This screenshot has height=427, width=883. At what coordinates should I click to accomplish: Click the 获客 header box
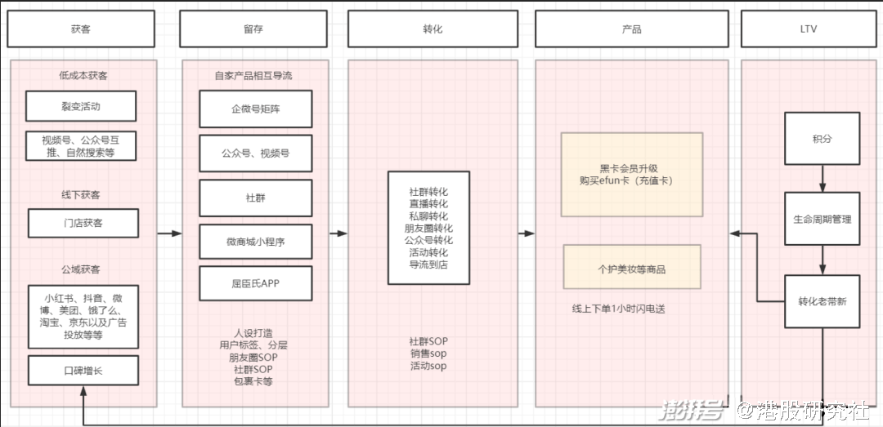(x=81, y=29)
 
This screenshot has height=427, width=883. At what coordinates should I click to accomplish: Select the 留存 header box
(x=253, y=29)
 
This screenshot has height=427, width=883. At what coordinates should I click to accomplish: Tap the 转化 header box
(x=433, y=29)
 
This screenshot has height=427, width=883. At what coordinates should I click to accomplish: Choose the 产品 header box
(x=631, y=29)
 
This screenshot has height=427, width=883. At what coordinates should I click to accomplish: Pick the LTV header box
(x=809, y=29)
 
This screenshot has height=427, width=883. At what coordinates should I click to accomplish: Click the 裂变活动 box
(x=81, y=106)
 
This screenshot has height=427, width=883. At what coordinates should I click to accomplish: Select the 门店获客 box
(x=83, y=223)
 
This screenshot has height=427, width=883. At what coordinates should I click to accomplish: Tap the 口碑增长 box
(x=83, y=370)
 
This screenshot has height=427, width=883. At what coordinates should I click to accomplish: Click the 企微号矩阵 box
(x=256, y=108)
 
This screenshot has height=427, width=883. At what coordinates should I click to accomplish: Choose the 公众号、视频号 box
(x=256, y=153)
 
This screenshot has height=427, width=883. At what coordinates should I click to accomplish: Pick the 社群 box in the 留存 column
(x=256, y=197)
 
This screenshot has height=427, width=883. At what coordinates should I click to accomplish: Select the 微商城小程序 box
(x=256, y=241)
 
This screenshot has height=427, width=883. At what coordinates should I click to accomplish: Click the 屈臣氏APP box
(x=256, y=283)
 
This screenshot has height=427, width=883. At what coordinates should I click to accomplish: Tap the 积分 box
(x=822, y=139)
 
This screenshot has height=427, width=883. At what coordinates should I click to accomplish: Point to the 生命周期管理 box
(x=822, y=219)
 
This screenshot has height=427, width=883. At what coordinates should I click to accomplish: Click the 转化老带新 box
(x=822, y=300)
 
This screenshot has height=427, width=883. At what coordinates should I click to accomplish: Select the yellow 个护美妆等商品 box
(x=632, y=267)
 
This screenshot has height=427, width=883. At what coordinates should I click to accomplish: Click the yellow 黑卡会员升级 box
(x=632, y=174)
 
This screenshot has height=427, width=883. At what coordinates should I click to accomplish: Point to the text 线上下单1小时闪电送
(x=619, y=309)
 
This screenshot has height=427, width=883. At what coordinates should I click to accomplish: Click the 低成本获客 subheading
(x=83, y=76)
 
